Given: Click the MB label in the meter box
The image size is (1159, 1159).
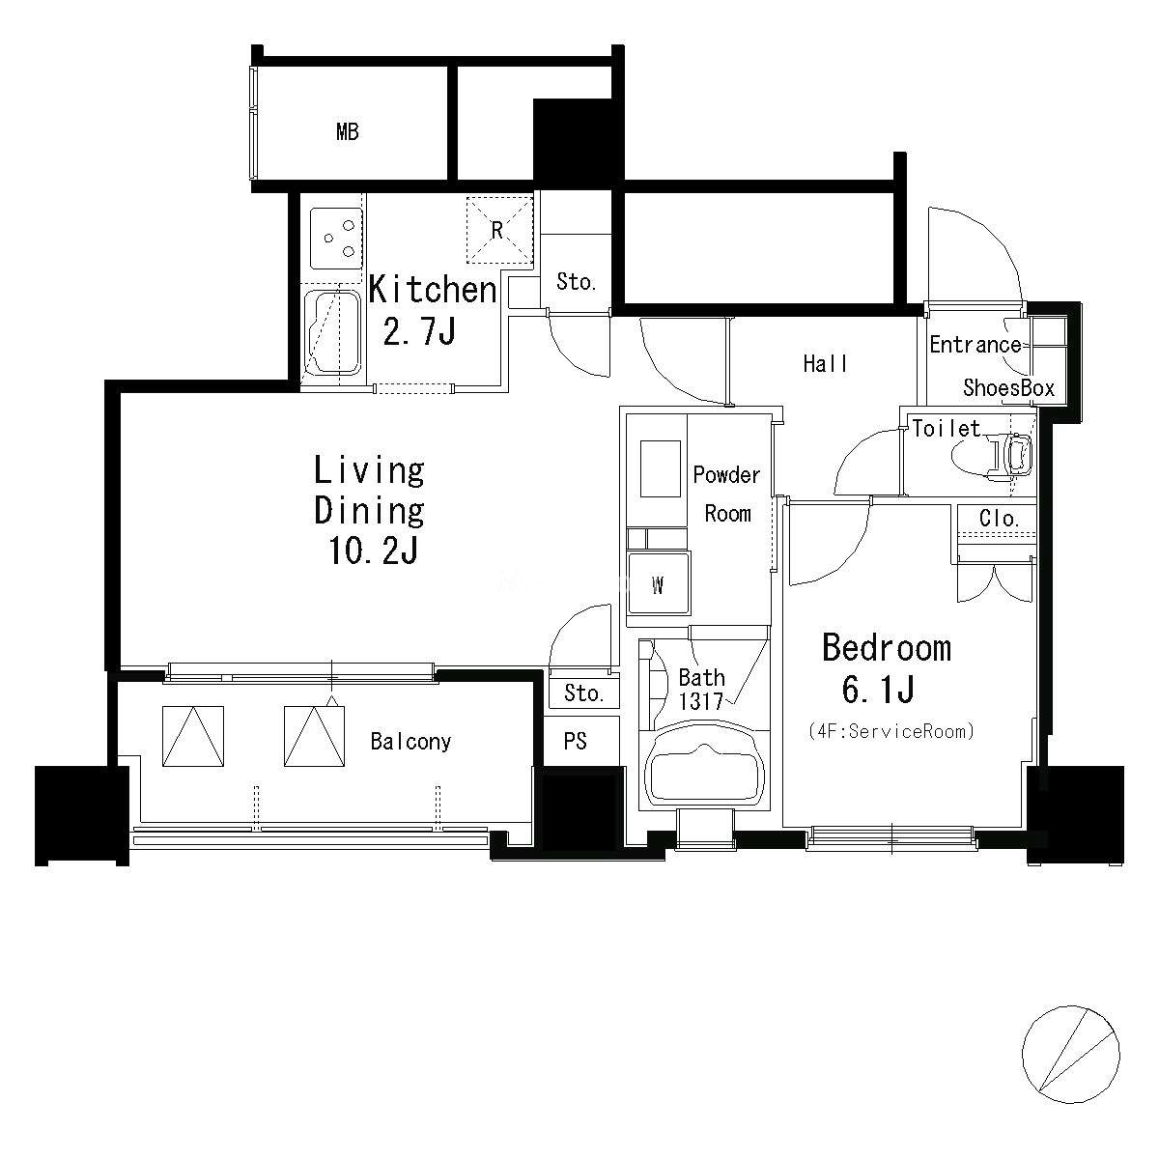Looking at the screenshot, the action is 347,131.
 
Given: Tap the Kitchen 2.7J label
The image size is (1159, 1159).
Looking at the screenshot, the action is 433,310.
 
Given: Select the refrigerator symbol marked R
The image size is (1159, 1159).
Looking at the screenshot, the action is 499,230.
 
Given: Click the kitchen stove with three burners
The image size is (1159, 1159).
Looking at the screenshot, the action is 336,239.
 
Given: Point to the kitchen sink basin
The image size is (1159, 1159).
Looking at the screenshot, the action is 332,332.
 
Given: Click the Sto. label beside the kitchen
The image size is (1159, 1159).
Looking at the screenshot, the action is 576,281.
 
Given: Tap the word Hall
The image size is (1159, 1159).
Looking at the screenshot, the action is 825,363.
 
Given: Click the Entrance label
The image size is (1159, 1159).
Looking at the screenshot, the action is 975,345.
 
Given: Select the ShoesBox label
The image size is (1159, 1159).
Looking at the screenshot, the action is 1008,388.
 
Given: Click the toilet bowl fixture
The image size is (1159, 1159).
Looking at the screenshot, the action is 993,457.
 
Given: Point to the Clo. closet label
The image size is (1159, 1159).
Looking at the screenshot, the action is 999,518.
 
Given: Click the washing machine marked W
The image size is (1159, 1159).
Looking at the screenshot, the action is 659,582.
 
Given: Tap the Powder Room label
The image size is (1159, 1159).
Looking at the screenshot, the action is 726,495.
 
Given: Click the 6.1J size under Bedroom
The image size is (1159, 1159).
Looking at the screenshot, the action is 878,690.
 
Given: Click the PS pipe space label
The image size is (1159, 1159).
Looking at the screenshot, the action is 575,741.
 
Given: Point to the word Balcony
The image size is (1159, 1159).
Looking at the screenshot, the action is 410,742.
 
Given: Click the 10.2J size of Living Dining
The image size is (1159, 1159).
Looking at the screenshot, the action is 373,551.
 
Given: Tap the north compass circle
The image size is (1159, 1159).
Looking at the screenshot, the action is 1070,1055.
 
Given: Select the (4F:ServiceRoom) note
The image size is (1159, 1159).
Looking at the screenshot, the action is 891,731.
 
